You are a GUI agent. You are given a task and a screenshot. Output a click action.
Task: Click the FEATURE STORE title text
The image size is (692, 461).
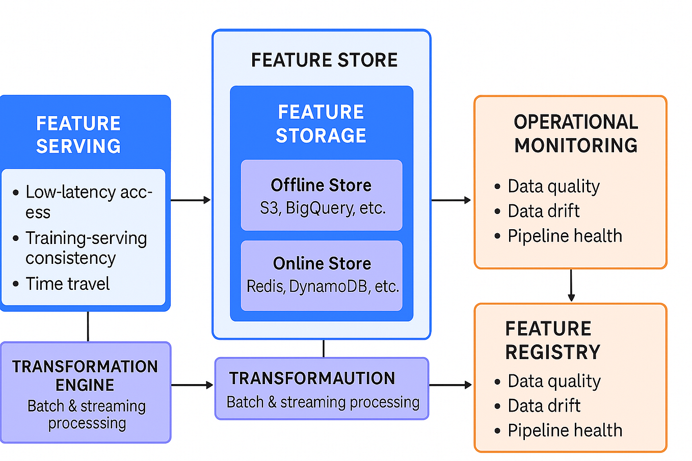pyautogui.click(x=324, y=60)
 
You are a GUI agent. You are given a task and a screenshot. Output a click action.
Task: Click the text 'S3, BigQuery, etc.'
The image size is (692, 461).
pyautogui.click(x=323, y=208)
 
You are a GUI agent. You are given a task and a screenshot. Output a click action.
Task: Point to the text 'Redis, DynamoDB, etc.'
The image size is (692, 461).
pyautogui.click(x=323, y=287)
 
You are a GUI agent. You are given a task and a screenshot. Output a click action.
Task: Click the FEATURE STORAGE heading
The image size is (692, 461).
pyautogui.click(x=321, y=124)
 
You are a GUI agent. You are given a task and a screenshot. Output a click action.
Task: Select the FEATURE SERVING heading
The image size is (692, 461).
pyautogui.click(x=78, y=135)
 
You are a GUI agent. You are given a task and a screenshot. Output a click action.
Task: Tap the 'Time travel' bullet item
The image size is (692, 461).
pyautogui.click(x=68, y=284)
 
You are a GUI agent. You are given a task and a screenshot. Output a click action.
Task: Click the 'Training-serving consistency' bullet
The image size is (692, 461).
pyautogui.click(x=86, y=248)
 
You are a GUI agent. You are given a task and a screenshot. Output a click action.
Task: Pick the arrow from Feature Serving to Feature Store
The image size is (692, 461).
pyautogui.click(x=190, y=200)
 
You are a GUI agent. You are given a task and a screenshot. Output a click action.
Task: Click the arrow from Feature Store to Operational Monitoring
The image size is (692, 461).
pyautogui.click(x=451, y=200)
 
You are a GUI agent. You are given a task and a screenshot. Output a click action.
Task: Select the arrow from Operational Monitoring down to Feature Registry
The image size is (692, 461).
pyautogui.click(x=571, y=285)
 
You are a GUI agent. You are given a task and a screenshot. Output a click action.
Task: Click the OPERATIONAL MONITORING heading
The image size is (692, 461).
pyautogui.click(x=576, y=133)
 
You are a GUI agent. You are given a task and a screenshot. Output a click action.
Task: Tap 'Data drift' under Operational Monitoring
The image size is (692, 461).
pyautogui.click(x=543, y=211)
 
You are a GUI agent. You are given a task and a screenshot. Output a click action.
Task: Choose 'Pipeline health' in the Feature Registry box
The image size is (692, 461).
pyautogui.click(x=565, y=430)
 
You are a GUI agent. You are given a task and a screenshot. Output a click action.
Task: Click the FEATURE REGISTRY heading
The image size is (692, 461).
pyautogui.click(x=552, y=340)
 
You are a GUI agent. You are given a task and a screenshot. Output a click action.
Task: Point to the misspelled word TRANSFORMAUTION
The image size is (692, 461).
pyautogui.click(x=312, y=378)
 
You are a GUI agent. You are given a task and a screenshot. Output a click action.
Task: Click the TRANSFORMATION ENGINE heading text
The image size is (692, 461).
pyautogui.click(x=85, y=375)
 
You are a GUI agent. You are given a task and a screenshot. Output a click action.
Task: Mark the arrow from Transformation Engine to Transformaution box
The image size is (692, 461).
pyautogui.click(x=192, y=385)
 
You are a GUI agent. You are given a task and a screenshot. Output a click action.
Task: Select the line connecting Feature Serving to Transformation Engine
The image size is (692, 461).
pyautogui.click(x=88, y=327)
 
